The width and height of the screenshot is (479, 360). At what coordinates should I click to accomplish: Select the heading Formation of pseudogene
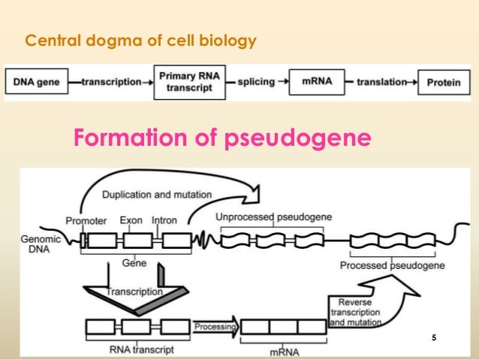(221, 138)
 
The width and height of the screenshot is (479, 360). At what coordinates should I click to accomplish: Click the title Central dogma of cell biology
(140, 40)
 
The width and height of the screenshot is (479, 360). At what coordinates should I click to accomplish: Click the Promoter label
(86, 221)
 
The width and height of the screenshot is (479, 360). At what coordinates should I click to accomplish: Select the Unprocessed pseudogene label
(273, 217)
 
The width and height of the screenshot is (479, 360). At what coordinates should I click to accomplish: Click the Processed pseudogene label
(392, 265)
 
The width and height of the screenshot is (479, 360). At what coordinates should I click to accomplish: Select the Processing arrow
(215, 327)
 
